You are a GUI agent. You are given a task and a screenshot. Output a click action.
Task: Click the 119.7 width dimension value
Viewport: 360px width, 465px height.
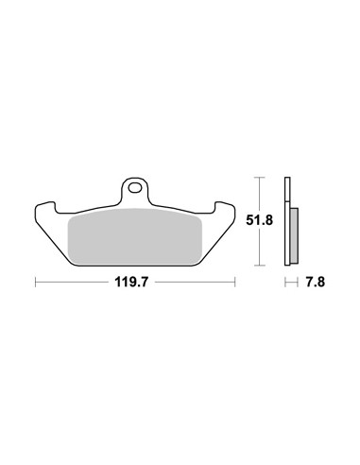click(x=131, y=282)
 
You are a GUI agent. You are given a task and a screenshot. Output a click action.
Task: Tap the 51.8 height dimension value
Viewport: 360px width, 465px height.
click(x=259, y=220)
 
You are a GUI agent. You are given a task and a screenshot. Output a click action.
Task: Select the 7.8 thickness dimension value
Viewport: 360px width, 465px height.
click(x=315, y=282)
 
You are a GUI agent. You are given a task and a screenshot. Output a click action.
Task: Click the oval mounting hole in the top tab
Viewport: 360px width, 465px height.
click(x=135, y=188)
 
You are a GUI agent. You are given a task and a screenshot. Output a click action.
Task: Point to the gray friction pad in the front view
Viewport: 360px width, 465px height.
click(x=135, y=236)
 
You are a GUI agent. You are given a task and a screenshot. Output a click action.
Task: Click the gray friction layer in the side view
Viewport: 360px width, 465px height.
click(x=294, y=235)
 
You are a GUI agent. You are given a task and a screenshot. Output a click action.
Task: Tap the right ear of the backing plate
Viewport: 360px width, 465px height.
click(x=225, y=209)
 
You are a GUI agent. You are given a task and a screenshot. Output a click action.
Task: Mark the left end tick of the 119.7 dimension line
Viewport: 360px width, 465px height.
click(x=36, y=282)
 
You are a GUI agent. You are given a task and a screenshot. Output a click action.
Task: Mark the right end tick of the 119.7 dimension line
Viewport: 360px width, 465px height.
click(x=235, y=282)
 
